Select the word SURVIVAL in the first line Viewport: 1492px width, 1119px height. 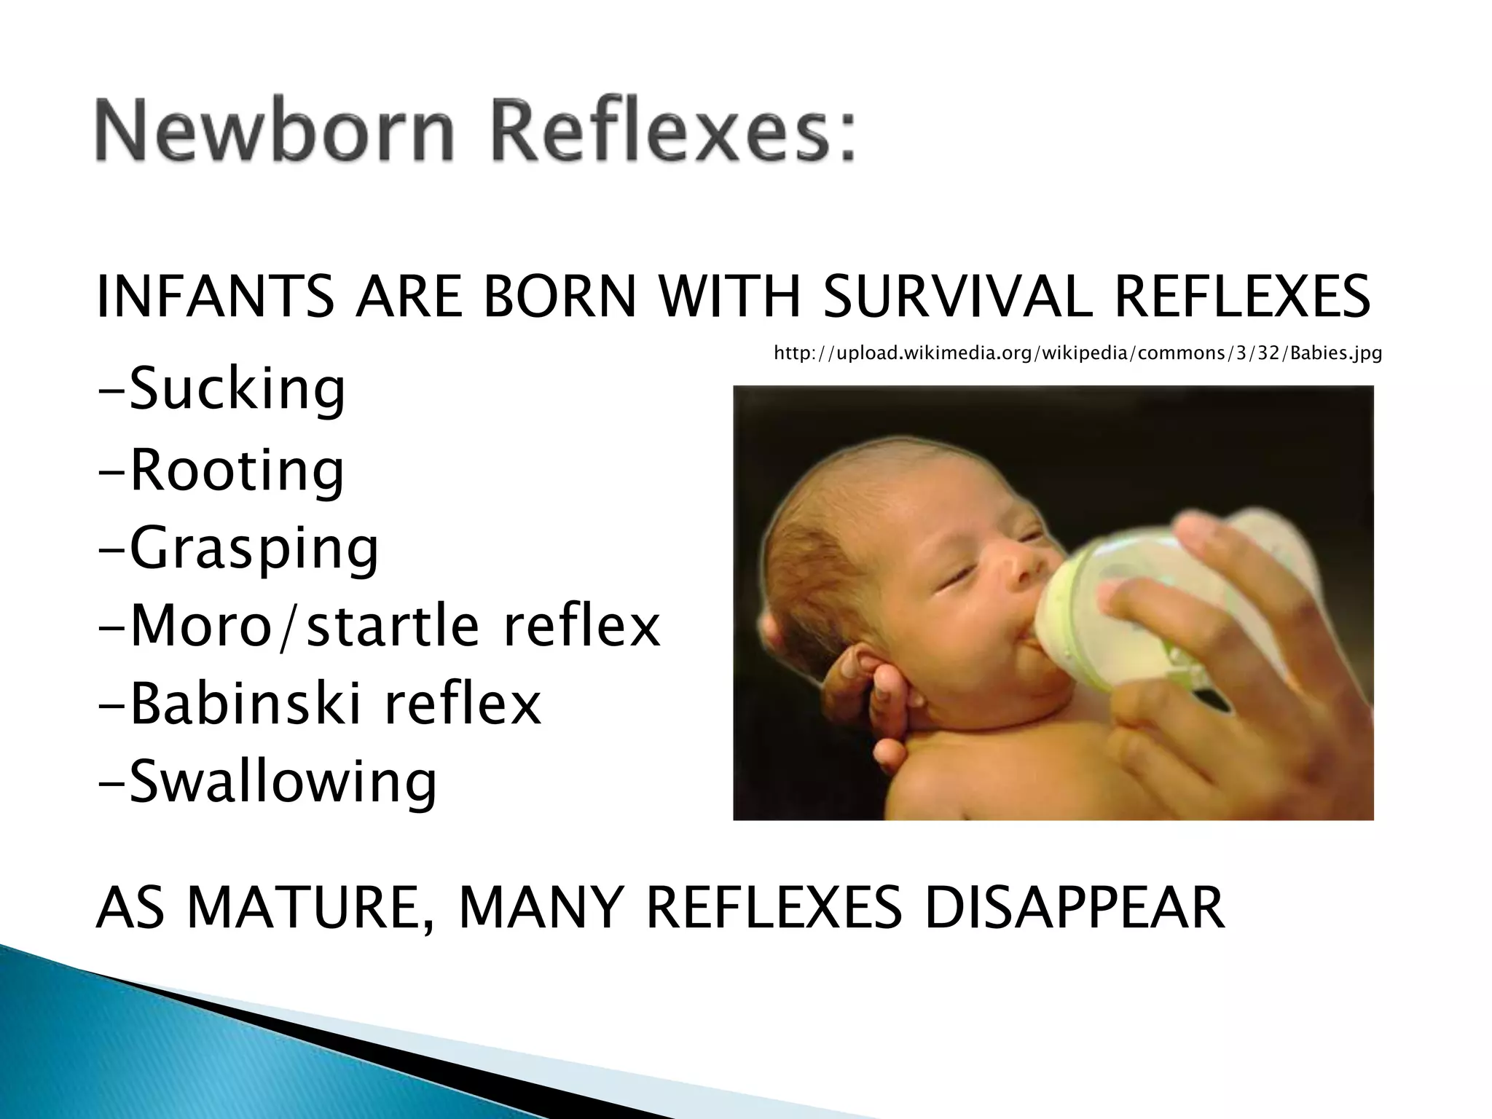pos(957,297)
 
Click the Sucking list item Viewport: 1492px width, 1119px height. pos(221,390)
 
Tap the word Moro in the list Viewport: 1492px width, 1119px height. pos(201,626)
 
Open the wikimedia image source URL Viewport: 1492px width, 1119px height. pos(1077,353)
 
